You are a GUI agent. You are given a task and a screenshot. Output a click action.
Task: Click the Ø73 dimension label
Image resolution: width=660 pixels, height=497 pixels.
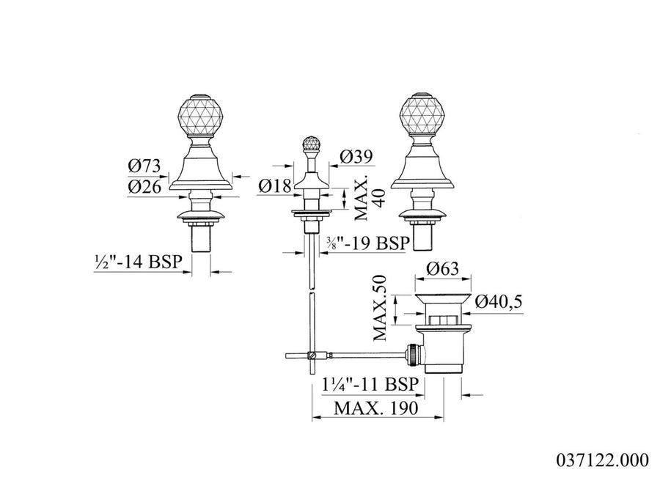(x=144, y=166)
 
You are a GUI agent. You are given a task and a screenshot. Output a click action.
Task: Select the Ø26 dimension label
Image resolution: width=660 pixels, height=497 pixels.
(x=144, y=186)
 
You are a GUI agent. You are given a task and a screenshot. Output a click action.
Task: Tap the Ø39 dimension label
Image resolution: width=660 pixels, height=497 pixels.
(x=356, y=158)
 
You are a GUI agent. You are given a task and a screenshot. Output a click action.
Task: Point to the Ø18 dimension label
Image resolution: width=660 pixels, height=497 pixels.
(x=275, y=185)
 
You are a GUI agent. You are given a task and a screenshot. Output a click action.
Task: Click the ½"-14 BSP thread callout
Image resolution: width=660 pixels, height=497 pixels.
(x=138, y=262)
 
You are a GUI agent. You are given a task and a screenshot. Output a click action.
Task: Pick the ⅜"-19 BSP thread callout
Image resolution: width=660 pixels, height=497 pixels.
(x=368, y=243)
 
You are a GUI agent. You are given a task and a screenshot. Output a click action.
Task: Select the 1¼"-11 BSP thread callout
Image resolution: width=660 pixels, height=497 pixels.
(x=370, y=384)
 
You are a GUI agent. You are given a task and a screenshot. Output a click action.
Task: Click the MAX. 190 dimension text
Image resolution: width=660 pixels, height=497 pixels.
(x=376, y=408)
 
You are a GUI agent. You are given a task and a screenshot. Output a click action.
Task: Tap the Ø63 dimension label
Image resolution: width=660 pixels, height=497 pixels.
(x=442, y=268)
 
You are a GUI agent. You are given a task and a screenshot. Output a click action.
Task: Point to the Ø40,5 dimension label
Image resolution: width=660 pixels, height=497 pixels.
(x=499, y=301)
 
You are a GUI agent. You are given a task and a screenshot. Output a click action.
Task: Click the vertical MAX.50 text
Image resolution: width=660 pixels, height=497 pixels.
(x=380, y=308)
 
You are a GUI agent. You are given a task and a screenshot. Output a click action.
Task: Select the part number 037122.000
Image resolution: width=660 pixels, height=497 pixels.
(x=603, y=460)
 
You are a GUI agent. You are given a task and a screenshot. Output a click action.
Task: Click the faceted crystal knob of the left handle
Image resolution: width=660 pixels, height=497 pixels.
(x=199, y=116)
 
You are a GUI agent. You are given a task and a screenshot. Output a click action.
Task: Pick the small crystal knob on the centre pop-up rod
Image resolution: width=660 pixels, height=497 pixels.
(x=311, y=144)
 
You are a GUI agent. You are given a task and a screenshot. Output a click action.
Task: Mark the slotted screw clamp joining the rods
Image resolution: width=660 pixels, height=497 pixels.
(x=312, y=356)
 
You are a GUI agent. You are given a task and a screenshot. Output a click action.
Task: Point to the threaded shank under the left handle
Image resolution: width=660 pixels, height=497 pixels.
(x=201, y=239)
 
